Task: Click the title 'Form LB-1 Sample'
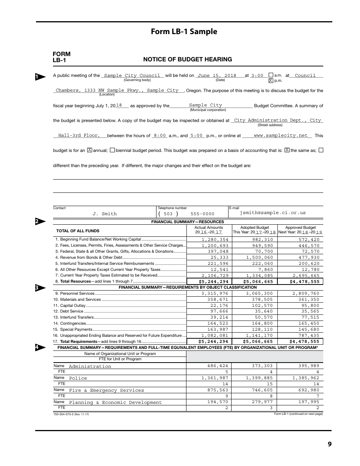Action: pyautogui.click(x=184, y=31)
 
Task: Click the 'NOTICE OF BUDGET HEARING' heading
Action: pyautogui.click(x=188, y=59)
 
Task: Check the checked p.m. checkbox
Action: pyautogui.click(x=271, y=81)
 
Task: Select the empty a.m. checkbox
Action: pyautogui.click(x=271, y=75)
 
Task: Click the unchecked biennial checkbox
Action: pyautogui.click(x=112, y=150)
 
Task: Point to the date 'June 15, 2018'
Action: pyautogui.click(x=217, y=75)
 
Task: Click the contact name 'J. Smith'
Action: pyautogui.click(x=105, y=214)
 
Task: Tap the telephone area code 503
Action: pyautogui.click(x=168, y=214)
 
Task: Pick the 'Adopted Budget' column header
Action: pyautogui.click(x=254, y=228)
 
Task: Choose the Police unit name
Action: pyautogui.click(x=78, y=378)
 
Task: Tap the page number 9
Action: pyautogui.click(x=329, y=444)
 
